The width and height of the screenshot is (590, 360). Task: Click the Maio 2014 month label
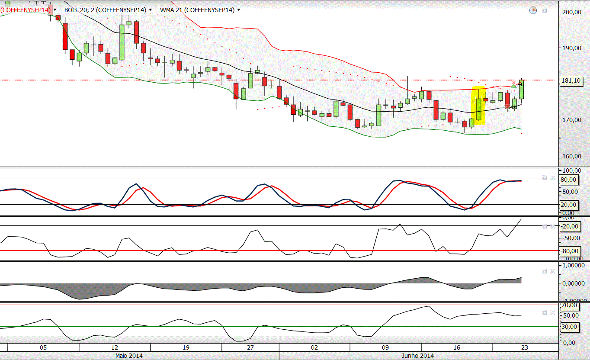[128, 356]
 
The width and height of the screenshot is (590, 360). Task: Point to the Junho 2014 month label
[418, 356]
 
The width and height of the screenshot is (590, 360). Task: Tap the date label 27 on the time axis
[250, 347]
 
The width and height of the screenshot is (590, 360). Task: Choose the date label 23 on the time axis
[524, 347]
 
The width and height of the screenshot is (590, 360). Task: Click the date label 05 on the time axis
[43, 347]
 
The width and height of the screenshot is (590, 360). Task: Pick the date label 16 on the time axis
[457, 347]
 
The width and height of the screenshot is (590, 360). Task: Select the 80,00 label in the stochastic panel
[568, 180]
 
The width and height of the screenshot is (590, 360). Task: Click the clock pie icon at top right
[533, 10]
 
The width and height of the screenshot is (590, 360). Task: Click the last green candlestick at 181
[522, 90]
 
